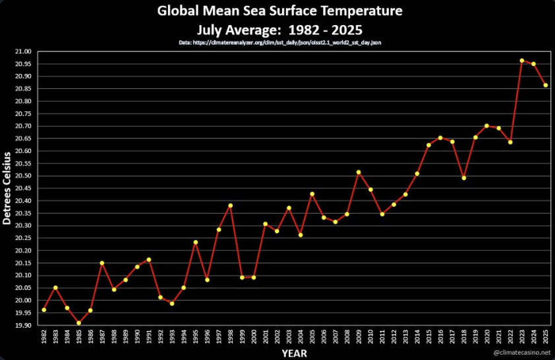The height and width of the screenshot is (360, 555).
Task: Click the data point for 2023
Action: pos(522,61)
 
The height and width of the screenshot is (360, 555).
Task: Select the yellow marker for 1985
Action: pos(79,323)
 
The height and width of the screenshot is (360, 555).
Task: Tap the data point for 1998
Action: pos(231,206)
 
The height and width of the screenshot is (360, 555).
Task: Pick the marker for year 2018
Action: pos(464,178)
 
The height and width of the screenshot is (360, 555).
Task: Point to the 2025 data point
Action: pos(546,85)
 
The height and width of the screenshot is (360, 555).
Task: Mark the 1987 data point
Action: pos(102,263)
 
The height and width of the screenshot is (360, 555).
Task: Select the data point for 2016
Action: pos(440,138)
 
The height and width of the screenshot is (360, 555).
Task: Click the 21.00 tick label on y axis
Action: pos(23,51)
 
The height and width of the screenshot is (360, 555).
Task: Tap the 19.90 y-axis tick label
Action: pos(23,326)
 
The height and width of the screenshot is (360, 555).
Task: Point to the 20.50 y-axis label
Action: pos(23,176)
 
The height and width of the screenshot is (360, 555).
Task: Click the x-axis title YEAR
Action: pos(294,353)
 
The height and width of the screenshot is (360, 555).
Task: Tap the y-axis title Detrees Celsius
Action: pos(7,188)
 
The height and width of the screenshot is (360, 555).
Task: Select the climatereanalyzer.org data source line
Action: pos(280,43)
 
